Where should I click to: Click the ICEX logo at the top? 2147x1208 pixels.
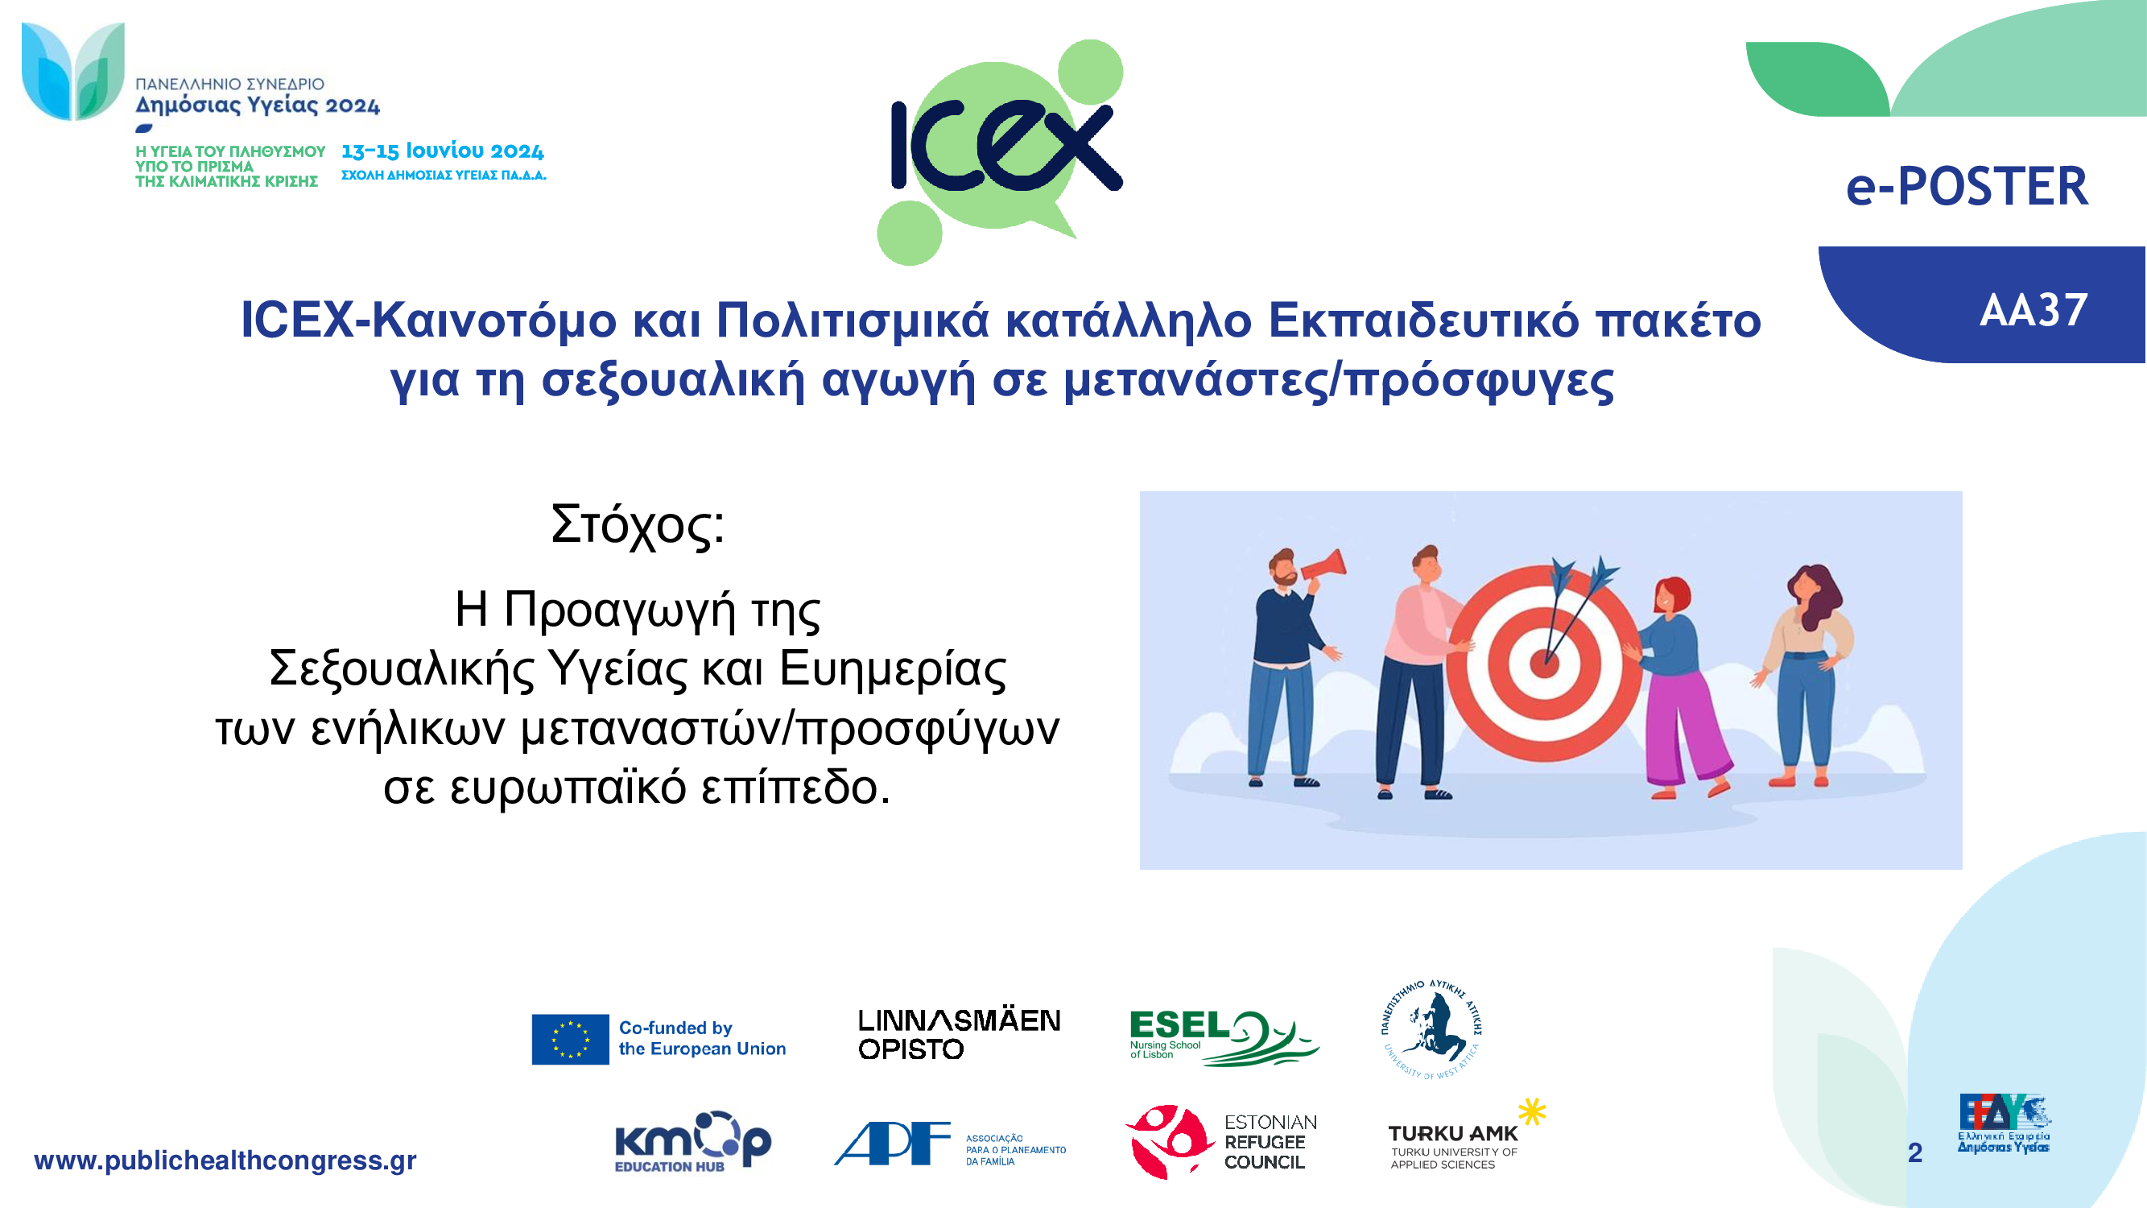(1000, 151)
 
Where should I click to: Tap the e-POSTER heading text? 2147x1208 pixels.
(1967, 186)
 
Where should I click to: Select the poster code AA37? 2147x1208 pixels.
(2033, 310)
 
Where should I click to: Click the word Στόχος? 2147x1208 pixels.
(638, 526)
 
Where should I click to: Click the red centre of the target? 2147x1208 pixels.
(1544, 663)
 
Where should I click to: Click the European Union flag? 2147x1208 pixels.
(570, 1039)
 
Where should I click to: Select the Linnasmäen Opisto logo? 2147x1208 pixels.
(960, 1035)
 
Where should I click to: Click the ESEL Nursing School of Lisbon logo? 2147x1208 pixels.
(1224, 1037)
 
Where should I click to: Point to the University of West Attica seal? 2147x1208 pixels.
(1431, 1029)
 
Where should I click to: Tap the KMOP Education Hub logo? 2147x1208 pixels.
(692, 1141)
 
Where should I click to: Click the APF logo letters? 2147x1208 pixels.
(892, 1143)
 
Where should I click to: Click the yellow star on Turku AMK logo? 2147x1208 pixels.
(1532, 1111)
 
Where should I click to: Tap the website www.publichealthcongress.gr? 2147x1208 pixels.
(225, 1160)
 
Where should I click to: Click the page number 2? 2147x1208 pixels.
(1915, 1153)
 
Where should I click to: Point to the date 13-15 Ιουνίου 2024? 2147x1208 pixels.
(443, 151)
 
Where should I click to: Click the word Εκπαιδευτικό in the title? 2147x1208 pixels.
(1423, 321)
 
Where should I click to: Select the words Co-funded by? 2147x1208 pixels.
(675, 1028)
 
